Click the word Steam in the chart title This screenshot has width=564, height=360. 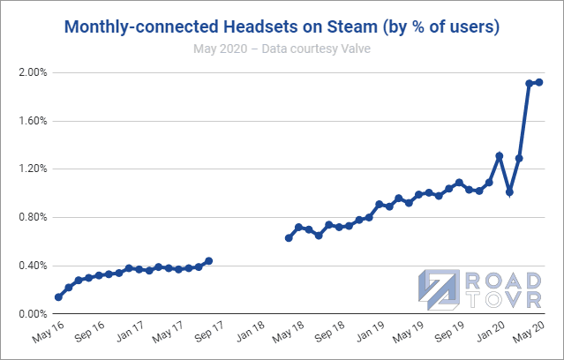pos(367,26)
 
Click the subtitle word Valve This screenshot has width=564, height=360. pos(353,48)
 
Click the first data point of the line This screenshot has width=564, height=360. pos(58,297)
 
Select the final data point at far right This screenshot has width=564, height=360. pos(539,82)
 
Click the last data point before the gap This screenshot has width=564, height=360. pos(208,261)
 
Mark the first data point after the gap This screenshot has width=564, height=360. pos(289,238)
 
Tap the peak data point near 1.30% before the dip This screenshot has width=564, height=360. pos(500,156)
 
